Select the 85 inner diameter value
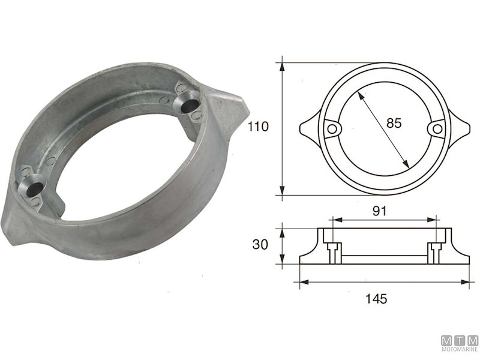tap(394, 124)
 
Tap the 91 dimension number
tap(378, 211)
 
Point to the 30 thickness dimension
tap(259, 246)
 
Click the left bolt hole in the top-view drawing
tap(331, 128)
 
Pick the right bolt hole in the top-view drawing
tap(437, 128)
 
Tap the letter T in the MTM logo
tap(460, 341)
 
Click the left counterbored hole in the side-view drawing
tap(332, 248)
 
